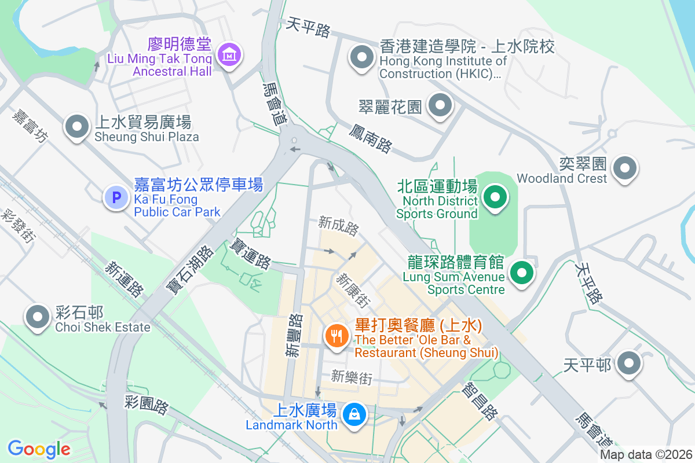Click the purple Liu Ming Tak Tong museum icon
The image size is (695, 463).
coord(230,55)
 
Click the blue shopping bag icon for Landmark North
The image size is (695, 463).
coord(353,414)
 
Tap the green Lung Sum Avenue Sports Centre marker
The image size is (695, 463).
coord(522,272)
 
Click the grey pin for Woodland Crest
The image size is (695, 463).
coord(625,168)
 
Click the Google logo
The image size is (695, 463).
coord(39,449)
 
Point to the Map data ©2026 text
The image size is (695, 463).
coord(645,454)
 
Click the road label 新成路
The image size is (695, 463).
coord(339,226)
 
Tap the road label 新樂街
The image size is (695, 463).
coord(352,378)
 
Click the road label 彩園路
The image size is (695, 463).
coord(147,405)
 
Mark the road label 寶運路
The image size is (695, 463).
coord(251,253)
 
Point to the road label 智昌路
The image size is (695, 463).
coord(481,400)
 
